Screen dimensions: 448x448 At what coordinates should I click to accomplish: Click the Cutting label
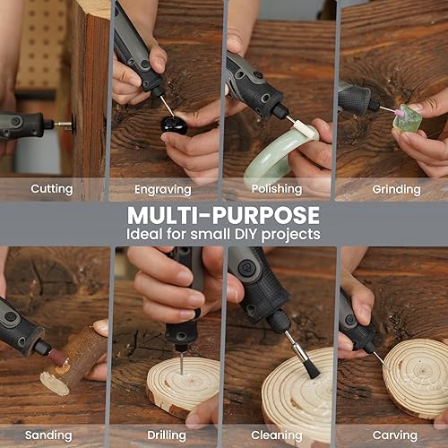point(52,189)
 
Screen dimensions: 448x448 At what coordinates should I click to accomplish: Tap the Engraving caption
point(162,189)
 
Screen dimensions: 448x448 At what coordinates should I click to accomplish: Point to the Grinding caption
point(396,189)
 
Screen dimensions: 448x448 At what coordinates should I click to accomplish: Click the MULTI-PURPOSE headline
point(222,215)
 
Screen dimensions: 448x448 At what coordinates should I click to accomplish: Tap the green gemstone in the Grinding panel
point(408,118)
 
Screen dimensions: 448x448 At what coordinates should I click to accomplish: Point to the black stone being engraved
point(174,124)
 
